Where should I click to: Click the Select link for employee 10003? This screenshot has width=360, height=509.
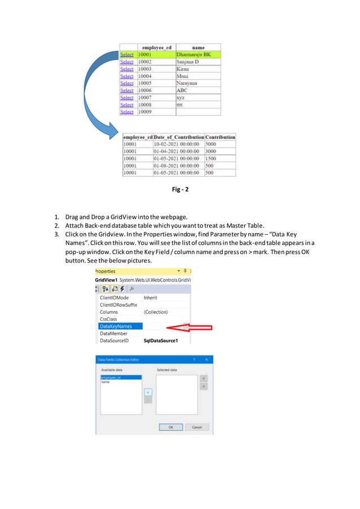pyautogui.click(x=126, y=69)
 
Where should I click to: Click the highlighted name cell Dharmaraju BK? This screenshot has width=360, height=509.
pyautogui.click(x=197, y=55)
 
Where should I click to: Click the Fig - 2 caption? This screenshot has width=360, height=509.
pyautogui.click(x=180, y=190)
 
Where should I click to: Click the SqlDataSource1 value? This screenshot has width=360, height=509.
pyautogui.click(x=161, y=341)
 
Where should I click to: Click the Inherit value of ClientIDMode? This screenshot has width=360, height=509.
pyautogui.click(x=150, y=297)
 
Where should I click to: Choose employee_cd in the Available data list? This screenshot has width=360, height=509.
pyautogui.click(x=112, y=377)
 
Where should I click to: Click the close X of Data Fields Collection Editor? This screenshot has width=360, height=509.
pyautogui.click(x=207, y=359)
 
